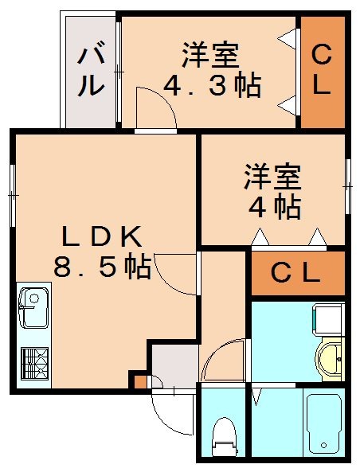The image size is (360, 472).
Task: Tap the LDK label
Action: pos(102,236)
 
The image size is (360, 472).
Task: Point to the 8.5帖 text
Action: pos(102,267)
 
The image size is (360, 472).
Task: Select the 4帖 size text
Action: pos(274,207)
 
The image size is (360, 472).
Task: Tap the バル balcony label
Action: pos(91,72)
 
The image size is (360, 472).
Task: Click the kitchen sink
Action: pos(33,308)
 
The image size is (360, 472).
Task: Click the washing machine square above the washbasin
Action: pos(327,320)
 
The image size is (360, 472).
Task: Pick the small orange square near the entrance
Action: pos(140,381)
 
